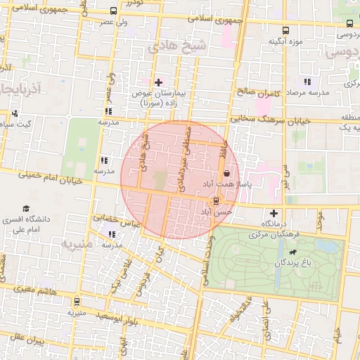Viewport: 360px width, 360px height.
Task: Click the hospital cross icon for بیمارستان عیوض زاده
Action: coord(158,82)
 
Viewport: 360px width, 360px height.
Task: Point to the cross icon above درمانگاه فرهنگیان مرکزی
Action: coord(274,213)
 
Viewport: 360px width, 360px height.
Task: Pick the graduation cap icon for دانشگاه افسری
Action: coord(26,209)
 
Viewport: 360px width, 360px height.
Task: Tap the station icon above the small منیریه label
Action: coord(76,301)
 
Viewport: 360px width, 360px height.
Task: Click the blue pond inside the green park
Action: coord(326,247)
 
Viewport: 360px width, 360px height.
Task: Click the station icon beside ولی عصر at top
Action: coord(114,11)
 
